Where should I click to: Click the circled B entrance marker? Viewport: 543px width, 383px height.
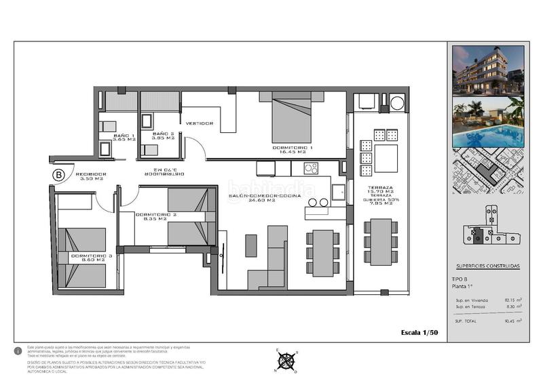point(58,176)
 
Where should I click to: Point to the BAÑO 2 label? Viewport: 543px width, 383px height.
point(163,136)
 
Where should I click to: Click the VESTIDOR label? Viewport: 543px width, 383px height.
point(200,123)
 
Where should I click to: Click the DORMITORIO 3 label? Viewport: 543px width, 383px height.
point(87,258)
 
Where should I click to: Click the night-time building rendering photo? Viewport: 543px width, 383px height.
point(488,70)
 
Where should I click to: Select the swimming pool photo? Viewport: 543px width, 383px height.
point(488,123)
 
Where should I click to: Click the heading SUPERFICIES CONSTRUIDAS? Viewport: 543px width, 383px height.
point(488,266)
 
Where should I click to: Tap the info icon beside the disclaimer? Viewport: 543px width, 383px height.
point(18,352)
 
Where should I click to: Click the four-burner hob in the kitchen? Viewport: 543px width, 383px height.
point(312,168)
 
